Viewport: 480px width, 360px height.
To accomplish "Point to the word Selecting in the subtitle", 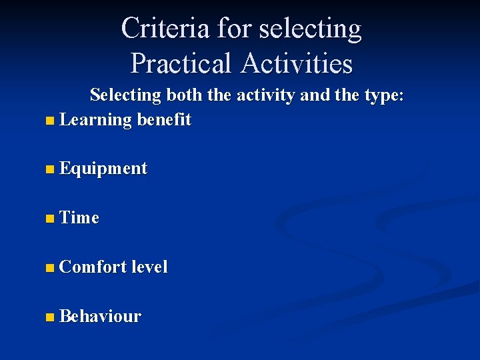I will (x=125, y=95).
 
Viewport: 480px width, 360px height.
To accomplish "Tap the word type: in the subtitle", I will (x=380, y=96).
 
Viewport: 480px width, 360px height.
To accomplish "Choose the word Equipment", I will (x=103, y=169).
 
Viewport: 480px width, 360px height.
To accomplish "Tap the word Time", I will (x=79, y=218).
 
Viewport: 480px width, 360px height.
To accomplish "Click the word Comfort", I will (x=93, y=267).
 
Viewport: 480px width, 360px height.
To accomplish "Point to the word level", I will (x=149, y=267).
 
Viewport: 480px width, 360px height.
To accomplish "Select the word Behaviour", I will (x=100, y=316).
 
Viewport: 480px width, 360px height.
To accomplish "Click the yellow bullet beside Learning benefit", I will (x=51, y=121).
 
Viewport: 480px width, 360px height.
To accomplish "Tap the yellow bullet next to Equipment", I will (x=51, y=170).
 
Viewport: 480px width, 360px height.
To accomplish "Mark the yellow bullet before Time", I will (x=51, y=219).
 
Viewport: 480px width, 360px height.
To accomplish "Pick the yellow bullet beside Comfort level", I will (x=51, y=268).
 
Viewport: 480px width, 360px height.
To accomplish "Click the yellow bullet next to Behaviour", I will (x=51, y=317).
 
